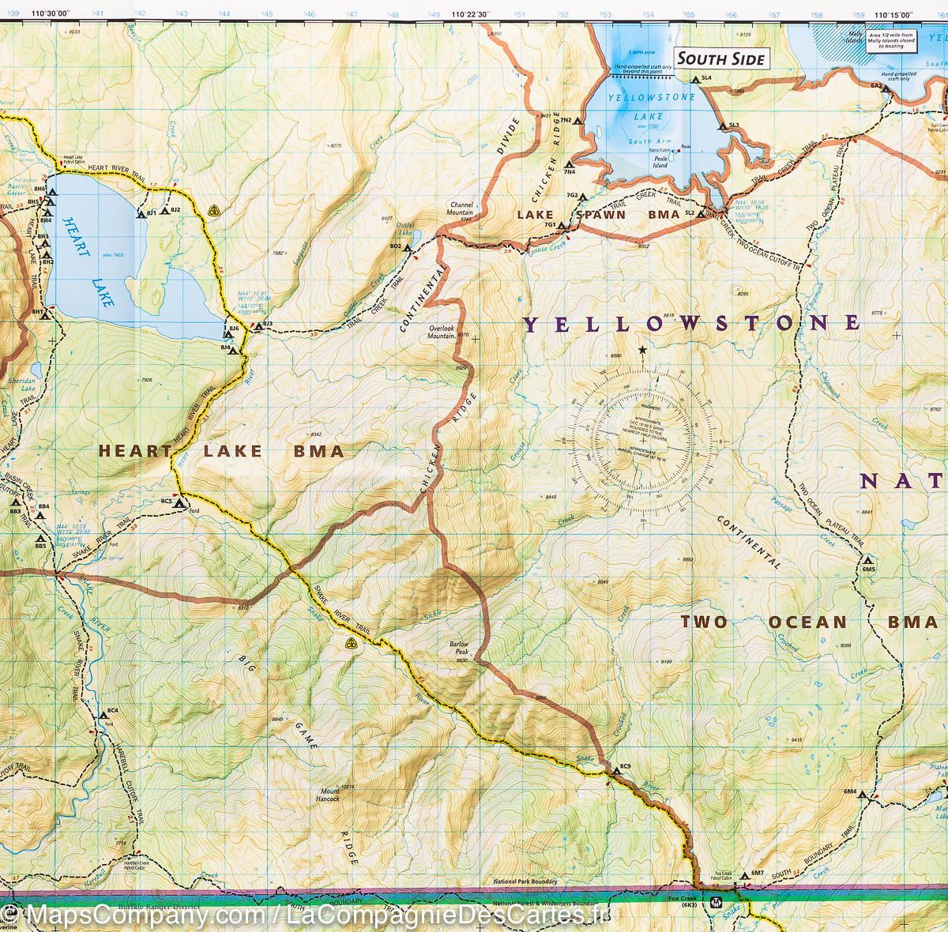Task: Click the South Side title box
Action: pos(720,58)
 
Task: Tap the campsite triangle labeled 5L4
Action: pos(694,80)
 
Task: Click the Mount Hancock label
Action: pos(329,793)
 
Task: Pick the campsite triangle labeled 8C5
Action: pos(180,502)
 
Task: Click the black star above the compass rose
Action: pos(642,349)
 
